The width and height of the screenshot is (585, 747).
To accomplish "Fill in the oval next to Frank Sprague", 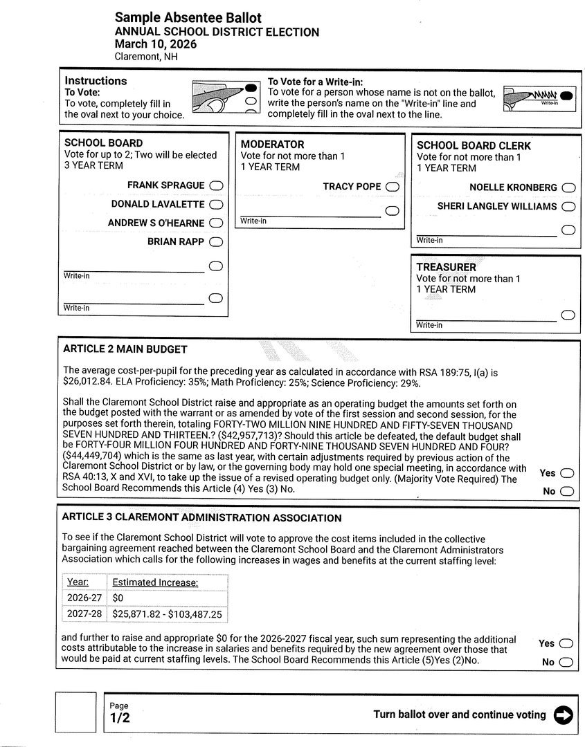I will click(x=216, y=185).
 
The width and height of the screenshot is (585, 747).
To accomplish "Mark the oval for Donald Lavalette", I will click(x=216, y=204).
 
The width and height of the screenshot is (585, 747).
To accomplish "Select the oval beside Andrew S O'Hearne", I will click(x=216, y=223).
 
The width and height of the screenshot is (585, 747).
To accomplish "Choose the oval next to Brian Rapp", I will click(x=216, y=241).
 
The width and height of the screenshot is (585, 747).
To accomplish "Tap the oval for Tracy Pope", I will click(x=393, y=187).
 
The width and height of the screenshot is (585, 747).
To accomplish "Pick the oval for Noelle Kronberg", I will click(x=568, y=187).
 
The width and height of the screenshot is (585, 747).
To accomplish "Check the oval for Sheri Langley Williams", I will click(x=568, y=206).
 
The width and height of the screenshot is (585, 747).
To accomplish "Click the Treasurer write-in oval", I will click(x=568, y=315).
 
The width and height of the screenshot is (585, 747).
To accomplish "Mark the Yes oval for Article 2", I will click(x=567, y=473).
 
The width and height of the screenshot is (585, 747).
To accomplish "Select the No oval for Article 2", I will click(x=567, y=491).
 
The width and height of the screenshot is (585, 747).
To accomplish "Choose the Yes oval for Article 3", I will click(x=566, y=643).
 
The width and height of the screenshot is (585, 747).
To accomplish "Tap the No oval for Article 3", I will click(x=566, y=662).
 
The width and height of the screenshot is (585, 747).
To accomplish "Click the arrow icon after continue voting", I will click(x=564, y=715).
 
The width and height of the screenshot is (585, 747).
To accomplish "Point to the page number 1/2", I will click(x=120, y=718).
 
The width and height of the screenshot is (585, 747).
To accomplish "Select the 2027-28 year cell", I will click(x=83, y=614).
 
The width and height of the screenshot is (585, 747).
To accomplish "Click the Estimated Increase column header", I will click(x=155, y=582).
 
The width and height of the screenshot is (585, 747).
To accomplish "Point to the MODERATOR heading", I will click(x=272, y=145).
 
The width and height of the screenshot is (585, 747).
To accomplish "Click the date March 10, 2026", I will click(x=156, y=44).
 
